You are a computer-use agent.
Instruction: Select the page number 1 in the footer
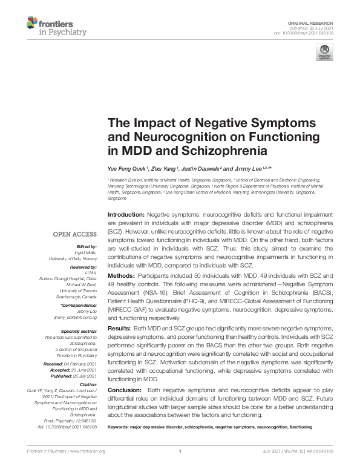point(180,451)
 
